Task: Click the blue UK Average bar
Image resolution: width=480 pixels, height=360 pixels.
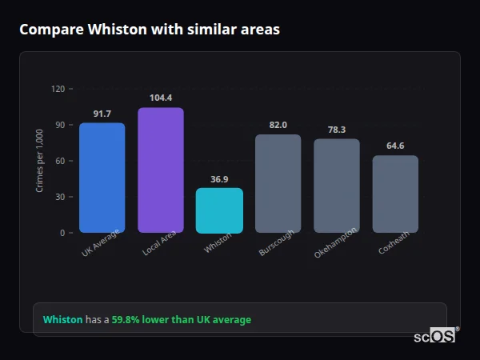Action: [102, 178]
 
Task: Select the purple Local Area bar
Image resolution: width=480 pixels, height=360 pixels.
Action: [160, 170]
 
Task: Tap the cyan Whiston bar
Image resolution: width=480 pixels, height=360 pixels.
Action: [219, 210]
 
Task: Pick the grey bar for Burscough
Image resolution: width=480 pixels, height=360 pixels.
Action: [278, 183]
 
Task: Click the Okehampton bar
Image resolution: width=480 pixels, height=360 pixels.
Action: [336, 186]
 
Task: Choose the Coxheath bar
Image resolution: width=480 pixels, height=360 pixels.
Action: [395, 194]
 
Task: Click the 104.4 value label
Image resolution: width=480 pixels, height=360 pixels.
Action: [160, 98]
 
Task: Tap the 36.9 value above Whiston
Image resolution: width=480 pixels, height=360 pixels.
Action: [219, 179]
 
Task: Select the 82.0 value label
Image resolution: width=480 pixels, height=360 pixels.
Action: [278, 126]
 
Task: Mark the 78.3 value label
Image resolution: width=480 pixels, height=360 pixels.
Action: [336, 130]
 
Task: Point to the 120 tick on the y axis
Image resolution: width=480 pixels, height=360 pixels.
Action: [57, 89]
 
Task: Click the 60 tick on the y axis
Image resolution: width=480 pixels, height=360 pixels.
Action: [59, 161]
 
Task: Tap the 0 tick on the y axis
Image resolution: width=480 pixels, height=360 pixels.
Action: [62, 233]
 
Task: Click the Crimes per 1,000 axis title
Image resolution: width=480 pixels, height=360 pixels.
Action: [39, 161]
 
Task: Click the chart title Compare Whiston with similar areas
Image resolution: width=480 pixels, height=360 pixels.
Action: [149, 29]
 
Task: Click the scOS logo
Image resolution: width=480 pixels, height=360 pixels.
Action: [435, 337]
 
